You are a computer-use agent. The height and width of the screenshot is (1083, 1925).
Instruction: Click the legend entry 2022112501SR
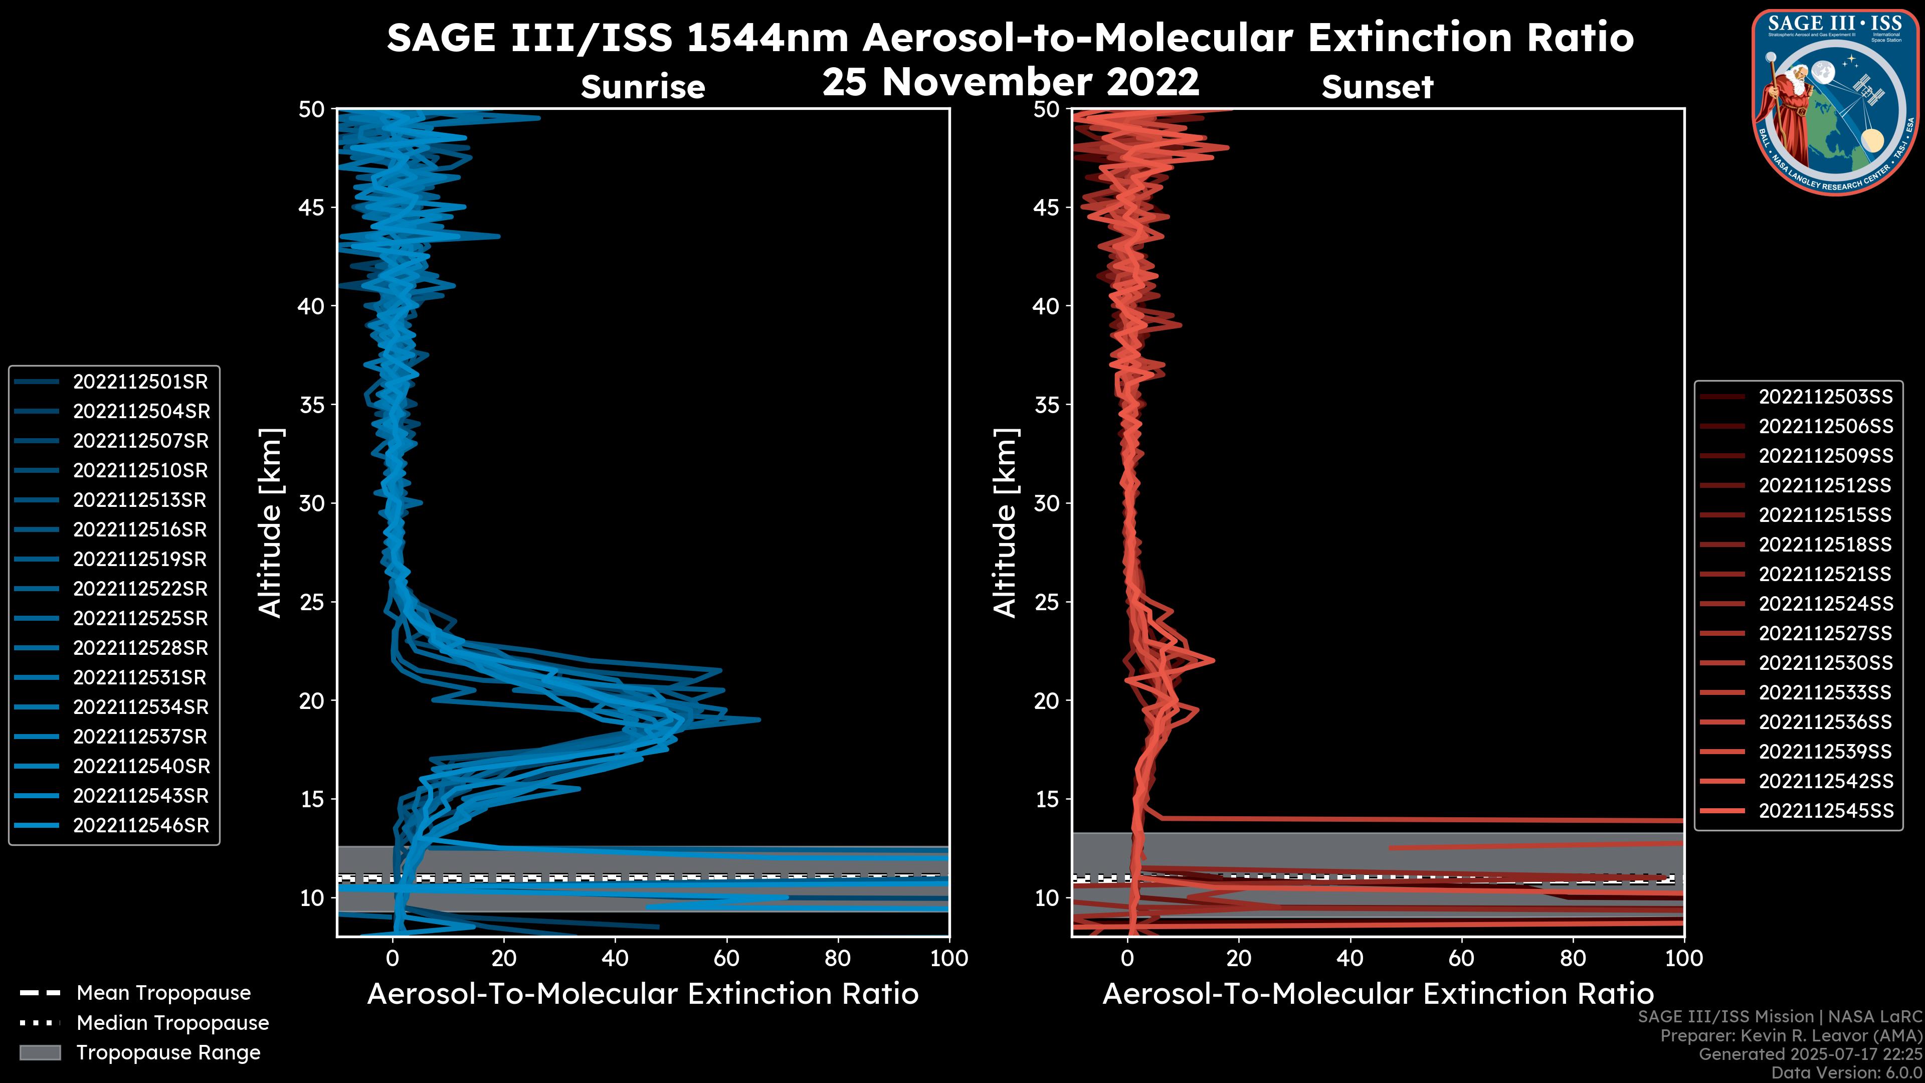pos(140,382)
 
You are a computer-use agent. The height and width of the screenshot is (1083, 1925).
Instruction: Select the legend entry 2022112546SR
pos(140,826)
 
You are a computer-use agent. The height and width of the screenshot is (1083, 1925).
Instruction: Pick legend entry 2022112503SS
pos(1825,397)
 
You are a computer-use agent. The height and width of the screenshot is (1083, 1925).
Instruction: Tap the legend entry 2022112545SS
pos(1825,811)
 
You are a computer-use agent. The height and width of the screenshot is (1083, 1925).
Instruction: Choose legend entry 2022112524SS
pos(1825,604)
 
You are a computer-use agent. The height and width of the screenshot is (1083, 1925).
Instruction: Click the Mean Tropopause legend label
pos(163,993)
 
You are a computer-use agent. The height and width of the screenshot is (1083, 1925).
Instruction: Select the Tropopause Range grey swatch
pos(40,1052)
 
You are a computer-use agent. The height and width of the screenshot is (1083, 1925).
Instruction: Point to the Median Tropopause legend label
pos(172,1023)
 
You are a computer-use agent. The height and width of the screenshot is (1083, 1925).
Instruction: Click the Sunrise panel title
pos(643,87)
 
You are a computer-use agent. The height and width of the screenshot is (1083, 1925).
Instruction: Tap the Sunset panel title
pos(1377,87)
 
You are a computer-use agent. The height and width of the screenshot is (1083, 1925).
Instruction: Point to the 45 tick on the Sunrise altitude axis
pos(312,208)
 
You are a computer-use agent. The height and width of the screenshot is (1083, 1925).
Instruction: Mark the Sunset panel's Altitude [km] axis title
pos(1006,523)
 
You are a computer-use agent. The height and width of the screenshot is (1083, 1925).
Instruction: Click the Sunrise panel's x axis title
pos(643,994)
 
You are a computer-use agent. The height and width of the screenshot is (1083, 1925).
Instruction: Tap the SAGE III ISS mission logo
pos(1835,101)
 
